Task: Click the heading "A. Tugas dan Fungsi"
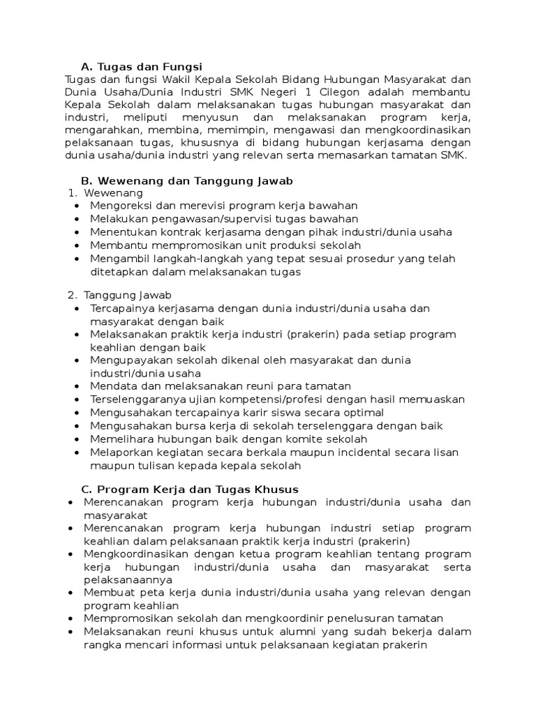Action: [x=141, y=67]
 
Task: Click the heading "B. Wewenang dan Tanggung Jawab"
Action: [x=186, y=181]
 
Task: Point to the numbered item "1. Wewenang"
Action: [x=105, y=192]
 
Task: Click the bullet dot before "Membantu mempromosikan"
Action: [x=75, y=245]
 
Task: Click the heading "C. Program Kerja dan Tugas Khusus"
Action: [x=190, y=489]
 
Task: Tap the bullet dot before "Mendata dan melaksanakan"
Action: [x=75, y=386]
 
